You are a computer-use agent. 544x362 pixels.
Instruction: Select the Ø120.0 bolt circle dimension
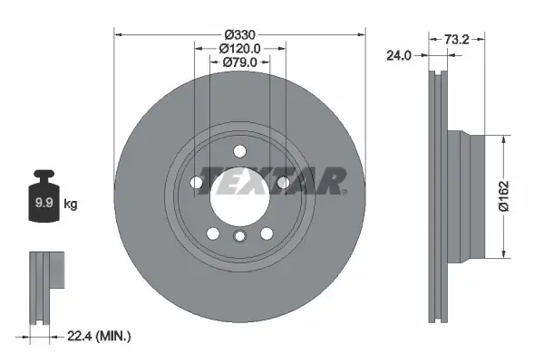tap(240, 48)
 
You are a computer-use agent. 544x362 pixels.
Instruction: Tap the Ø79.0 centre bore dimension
tap(240, 62)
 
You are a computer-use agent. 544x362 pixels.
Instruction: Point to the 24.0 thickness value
tap(399, 55)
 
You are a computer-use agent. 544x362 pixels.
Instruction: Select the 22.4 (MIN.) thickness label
tap(101, 337)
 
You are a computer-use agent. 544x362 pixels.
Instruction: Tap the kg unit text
tap(71, 205)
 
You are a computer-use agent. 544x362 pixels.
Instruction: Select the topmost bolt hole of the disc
tap(239, 151)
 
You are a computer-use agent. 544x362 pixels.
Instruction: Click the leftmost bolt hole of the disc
tap(197, 183)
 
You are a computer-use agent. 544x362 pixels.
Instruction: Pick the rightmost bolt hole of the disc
tap(283, 183)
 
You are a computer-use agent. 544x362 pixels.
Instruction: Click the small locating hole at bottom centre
tap(239, 238)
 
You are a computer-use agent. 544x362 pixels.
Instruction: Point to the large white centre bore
tap(238, 195)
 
